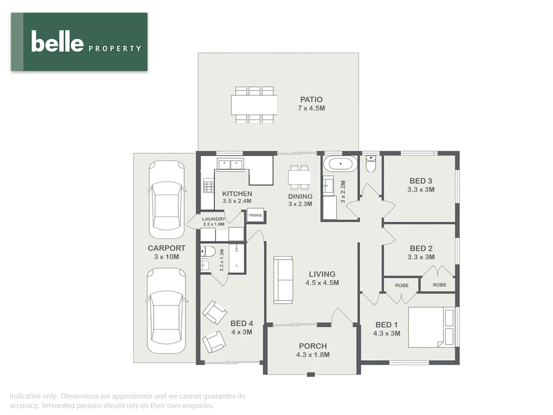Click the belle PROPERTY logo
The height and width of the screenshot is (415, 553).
[79, 42]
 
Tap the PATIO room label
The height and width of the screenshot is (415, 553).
[311, 100]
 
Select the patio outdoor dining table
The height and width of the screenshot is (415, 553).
[254, 105]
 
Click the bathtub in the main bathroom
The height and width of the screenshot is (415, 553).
[340, 164]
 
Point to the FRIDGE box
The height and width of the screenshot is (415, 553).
[255, 215]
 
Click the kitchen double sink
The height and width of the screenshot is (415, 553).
[230, 165]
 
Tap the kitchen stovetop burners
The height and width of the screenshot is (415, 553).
[209, 187]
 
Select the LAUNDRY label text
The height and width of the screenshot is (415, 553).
[214, 219]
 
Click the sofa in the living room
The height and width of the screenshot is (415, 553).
[283, 280]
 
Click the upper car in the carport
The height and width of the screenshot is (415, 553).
[167, 200]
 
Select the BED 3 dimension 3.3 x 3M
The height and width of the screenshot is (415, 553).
[421, 189]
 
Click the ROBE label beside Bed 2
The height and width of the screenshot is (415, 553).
[439, 285]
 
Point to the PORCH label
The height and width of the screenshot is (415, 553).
[313, 346]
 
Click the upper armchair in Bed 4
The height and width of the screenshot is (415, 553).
[214, 312]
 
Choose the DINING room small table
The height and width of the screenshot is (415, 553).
[299, 178]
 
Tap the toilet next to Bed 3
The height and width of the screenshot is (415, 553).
[371, 164]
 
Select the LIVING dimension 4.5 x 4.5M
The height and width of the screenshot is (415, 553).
[322, 283]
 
